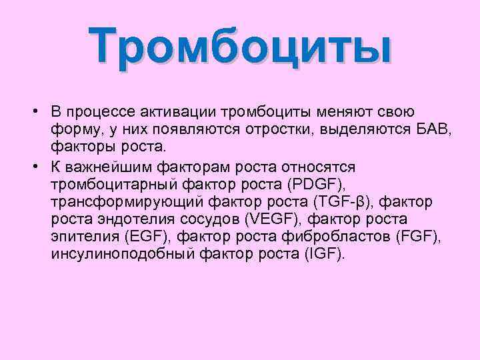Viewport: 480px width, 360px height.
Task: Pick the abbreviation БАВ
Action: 436,129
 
